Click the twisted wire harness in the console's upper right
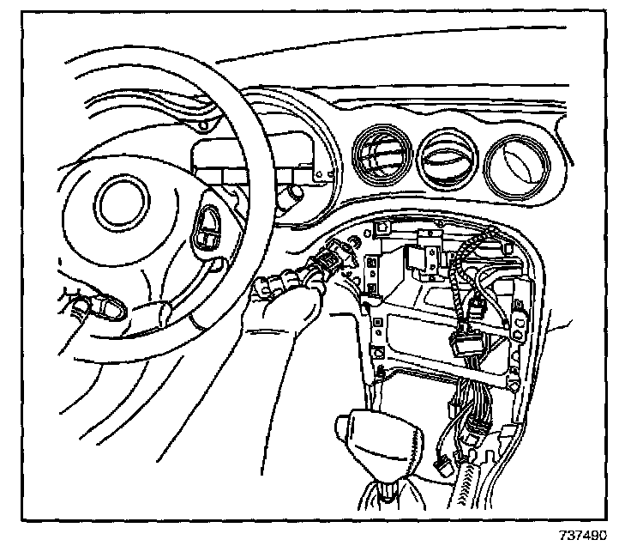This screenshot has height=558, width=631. [x=468, y=258]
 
